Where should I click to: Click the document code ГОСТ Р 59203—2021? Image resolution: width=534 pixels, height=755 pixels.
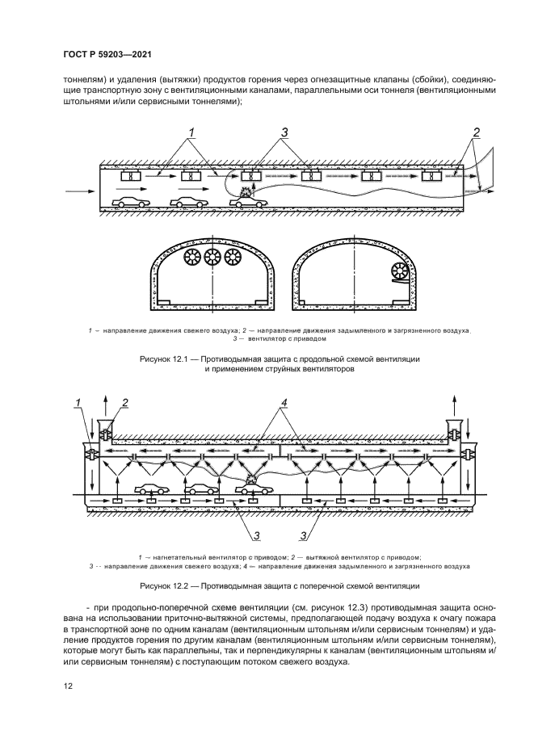[x=107, y=54]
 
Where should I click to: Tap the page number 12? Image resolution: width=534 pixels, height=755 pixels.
[x=68, y=686]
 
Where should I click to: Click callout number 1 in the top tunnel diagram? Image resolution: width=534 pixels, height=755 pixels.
[x=193, y=132]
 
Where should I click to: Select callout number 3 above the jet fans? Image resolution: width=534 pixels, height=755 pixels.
[x=284, y=132]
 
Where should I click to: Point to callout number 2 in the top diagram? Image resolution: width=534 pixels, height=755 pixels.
[x=477, y=132]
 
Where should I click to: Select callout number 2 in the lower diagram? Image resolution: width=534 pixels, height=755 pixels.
[x=124, y=403]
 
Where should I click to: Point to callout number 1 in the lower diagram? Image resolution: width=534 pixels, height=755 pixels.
[x=79, y=403]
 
